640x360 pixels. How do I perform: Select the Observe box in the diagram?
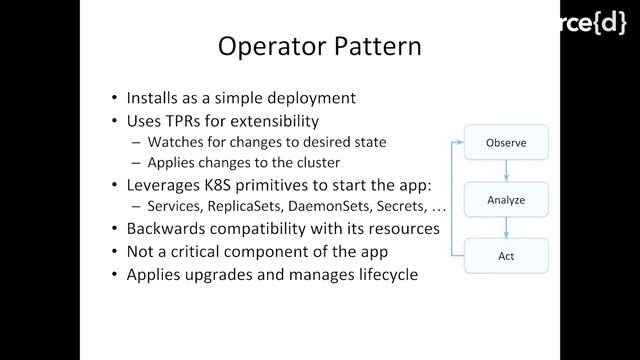(x=505, y=143)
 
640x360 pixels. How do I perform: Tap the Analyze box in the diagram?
(x=505, y=200)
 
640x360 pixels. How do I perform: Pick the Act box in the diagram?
(x=505, y=256)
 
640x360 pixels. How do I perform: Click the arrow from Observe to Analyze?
(x=506, y=171)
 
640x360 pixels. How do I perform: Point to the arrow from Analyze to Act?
(x=506, y=228)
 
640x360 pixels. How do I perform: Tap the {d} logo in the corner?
(x=607, y=21)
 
